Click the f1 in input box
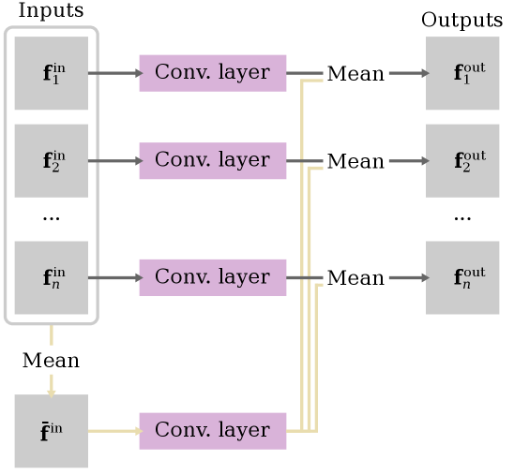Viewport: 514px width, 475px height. click(x=52, y=73)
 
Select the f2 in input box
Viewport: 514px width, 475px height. click(x=52, y=161)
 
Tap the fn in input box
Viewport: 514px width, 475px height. click(x=52, y=277)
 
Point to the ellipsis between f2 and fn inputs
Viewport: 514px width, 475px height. click(x=52, y=218)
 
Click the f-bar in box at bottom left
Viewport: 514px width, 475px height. click(x=52, y=431)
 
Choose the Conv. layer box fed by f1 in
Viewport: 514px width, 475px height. click(x=212, y=73)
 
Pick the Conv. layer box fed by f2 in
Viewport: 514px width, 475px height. click(x=212, y=161)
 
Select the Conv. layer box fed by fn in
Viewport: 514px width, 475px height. click(x=212, y=277)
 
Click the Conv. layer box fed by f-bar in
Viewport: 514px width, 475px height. click(x=212, y=431)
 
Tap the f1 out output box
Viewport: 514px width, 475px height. click(x=462, y=73)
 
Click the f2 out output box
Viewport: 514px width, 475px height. click(x=462, y=161)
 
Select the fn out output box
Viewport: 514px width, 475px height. click(x=462, y=277)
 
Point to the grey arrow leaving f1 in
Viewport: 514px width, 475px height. click(x=113, y=73)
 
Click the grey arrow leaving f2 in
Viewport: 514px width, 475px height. click(x=113, y=161)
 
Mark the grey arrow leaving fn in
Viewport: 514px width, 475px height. click(x=113, y=277)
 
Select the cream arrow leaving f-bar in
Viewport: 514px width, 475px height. click(x=113, y=431)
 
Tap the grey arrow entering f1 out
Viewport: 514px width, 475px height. click(x=407, y=73)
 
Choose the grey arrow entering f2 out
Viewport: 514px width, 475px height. click(x=407, y=161)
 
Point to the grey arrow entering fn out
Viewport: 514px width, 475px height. click(x=407, y=277)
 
